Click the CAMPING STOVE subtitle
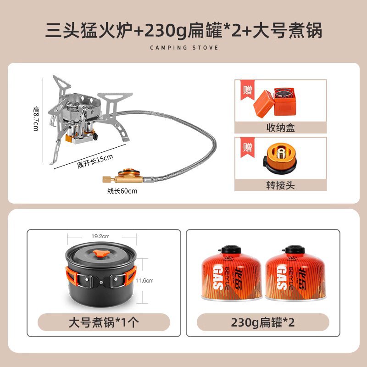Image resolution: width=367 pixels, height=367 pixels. [x=184, y=48]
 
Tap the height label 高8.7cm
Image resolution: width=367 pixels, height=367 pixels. [x=36, y=118]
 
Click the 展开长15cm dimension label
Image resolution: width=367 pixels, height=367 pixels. [x=95, y=161]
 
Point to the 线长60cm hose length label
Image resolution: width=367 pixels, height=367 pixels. [x=122, y=191]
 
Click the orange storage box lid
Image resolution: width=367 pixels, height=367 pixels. [x=264, y=104]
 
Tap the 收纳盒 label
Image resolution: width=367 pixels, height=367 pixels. [x=280, y=128]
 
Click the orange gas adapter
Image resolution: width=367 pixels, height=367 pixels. [x=280, y=157]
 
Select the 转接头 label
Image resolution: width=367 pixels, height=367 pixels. [x=280, y=185]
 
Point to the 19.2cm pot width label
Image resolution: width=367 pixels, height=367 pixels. [x=100, y=236]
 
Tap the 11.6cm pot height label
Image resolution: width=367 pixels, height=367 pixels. [x=145, y=280]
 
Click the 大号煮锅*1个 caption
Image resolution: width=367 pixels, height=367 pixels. [x=104, y=323]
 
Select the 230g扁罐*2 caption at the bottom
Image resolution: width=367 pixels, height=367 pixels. [x=262, y=323]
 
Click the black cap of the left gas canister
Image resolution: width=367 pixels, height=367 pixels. [x=231, y=250]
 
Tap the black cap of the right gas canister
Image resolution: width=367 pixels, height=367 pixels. [x=295, y=250]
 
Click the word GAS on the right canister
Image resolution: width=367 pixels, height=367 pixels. [x=282, y=278]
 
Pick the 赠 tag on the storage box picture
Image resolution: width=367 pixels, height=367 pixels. [x=247, y=90]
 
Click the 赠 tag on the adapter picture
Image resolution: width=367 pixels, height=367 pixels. [x=247, y=148]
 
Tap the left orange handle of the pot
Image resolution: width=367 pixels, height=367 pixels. [x=72, y=278]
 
